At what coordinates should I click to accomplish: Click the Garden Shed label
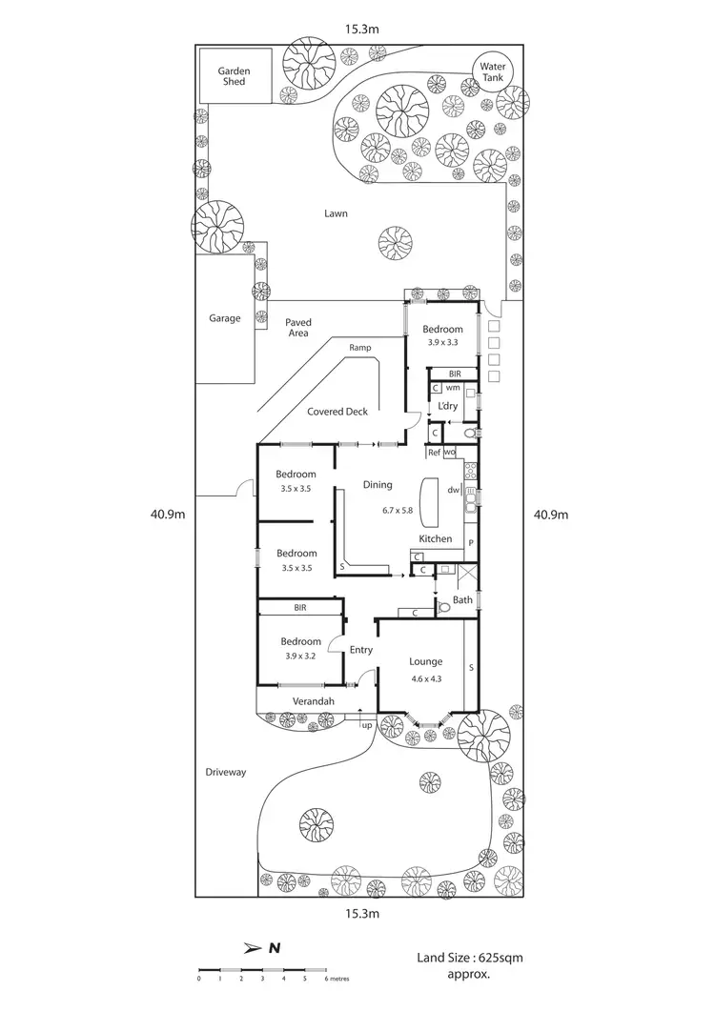click(x=233, y=76)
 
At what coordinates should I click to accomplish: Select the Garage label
click(x=225, y=318)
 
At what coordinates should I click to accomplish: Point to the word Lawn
click(x=336, y=213)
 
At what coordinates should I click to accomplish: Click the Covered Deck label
click(x=337, y=412)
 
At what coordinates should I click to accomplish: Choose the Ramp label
click(x=359, y=348)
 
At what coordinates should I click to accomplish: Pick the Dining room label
click(x=378, y=485)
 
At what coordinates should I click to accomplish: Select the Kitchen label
click(x=436, y=539)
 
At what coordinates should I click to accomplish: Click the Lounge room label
click(x=425, y=661)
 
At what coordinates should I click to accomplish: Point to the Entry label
click(x=361, y=650)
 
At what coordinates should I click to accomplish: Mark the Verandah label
click(x=314, y=702)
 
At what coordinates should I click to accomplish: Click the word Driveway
click(x=225, y=772)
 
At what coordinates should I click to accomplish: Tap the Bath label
click(x=462, y=599)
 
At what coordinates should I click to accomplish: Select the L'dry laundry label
click(x=448, y=406)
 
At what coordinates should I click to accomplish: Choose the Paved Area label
click(x=298, y=328)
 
